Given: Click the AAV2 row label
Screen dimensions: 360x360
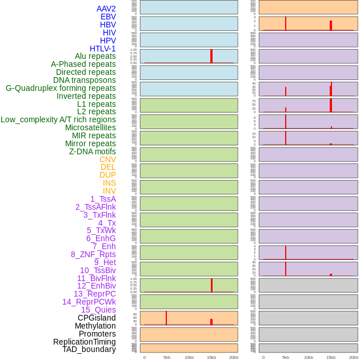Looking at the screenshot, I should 106,9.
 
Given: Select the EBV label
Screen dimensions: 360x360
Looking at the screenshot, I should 108,17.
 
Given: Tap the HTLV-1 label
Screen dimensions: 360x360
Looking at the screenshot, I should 102,49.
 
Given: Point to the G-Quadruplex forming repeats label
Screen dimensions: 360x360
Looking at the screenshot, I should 61,88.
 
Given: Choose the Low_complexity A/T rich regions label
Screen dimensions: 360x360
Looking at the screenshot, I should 58,119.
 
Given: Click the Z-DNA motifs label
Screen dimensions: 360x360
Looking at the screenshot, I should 92,151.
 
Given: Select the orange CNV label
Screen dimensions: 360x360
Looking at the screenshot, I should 107,159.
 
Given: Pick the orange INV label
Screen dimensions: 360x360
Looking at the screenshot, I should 109,191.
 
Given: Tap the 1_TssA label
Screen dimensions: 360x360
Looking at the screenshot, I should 103,199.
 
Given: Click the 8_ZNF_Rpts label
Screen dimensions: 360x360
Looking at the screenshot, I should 93,254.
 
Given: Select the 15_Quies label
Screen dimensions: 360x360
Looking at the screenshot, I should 98,310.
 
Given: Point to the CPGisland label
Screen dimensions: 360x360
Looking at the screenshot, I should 97,318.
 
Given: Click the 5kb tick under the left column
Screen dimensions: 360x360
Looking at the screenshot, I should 167,357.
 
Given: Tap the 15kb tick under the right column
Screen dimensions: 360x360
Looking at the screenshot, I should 331,357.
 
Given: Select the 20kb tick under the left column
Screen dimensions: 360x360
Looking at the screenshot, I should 234,357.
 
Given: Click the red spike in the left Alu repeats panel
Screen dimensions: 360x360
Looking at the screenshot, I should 211,56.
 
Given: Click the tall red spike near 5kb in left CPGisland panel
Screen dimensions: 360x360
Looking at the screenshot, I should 166,318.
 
